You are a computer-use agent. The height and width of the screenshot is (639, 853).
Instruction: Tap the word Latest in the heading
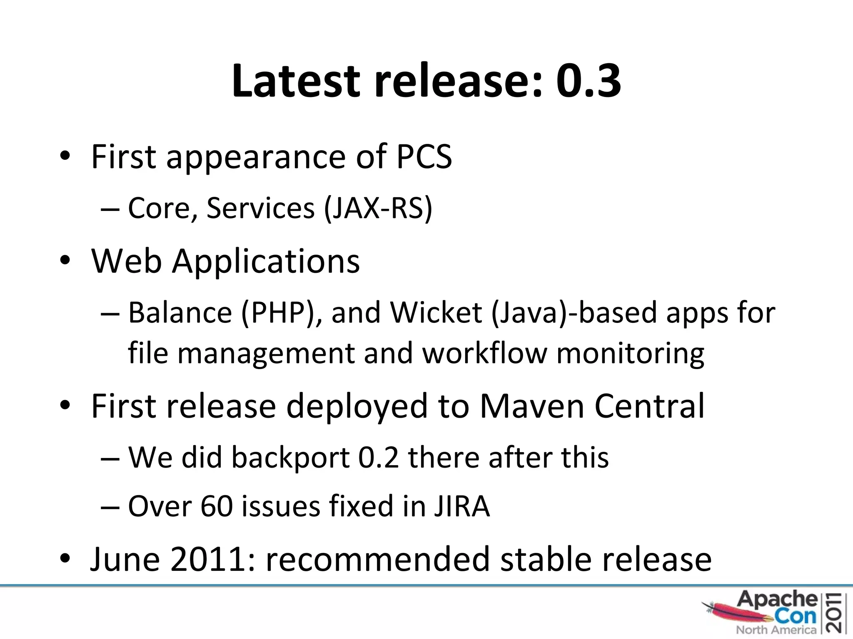click(295, 80)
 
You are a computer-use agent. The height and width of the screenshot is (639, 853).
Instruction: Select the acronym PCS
click(424, 156)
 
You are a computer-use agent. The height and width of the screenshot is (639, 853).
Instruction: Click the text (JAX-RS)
click(378, 208)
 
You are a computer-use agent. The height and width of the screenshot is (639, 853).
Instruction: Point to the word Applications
click(266, 261)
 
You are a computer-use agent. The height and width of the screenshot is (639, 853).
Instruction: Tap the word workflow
click(484, 353)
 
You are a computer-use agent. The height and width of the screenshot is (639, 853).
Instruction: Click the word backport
click(290, 457)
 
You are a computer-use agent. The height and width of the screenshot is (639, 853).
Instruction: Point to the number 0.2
click(378, 457)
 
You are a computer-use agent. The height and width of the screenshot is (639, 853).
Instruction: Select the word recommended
click(378, 559)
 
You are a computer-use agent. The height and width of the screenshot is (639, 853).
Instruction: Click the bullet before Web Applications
click(65, 261)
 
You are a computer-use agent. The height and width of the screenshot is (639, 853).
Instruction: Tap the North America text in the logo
click(776, 630)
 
